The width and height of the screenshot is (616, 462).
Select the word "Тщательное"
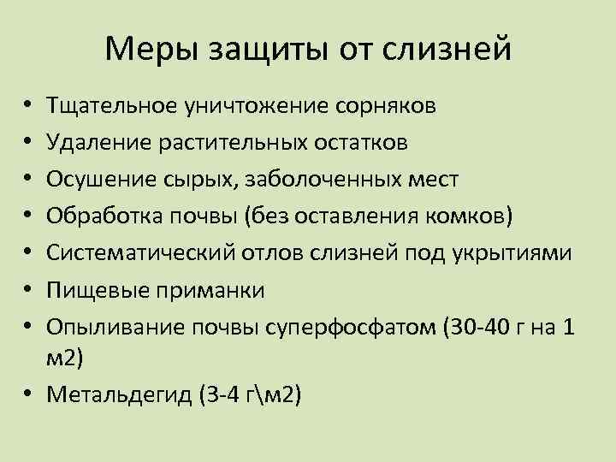(x=113, y=106)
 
